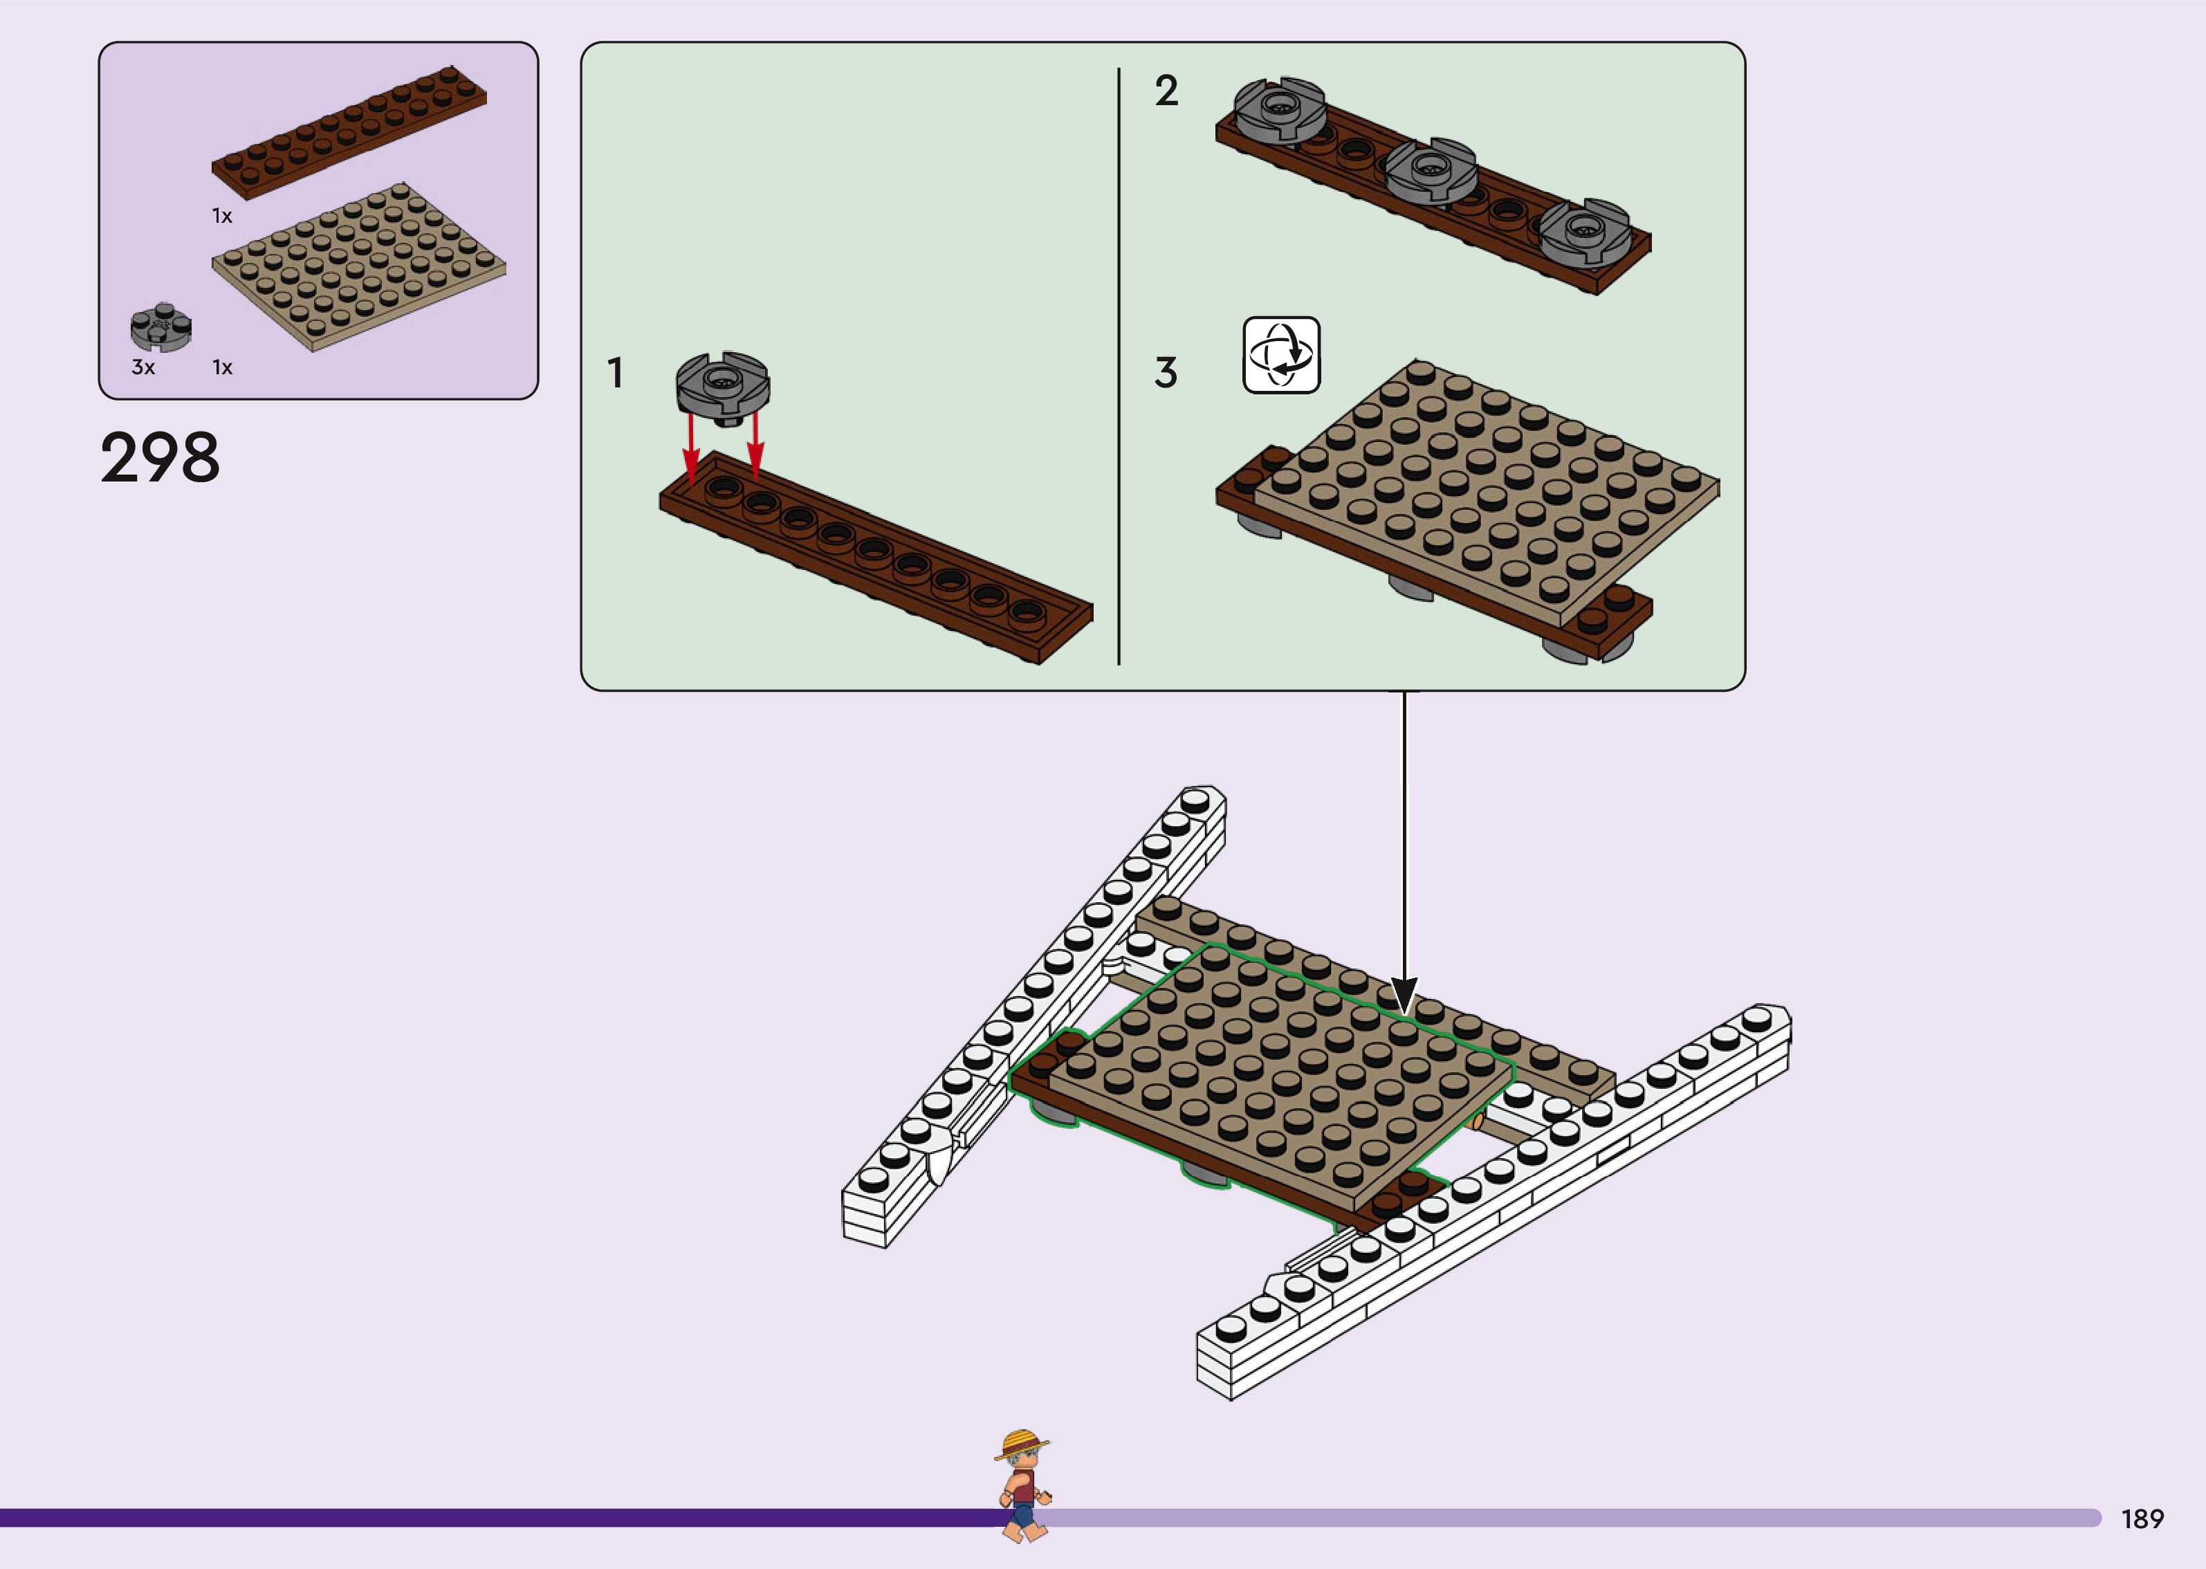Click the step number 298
click(x=160, y=458)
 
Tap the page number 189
click(x=2141, y=1518)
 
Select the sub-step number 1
click(x=615, y=373)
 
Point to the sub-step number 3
click(x=1166, y=373)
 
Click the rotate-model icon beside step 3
click(x=1280, y=355)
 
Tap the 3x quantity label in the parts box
click(x=143, y=367)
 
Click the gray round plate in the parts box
click(x=161, y=327)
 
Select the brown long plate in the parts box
click(x=349, y=132)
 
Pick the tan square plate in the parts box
click(x=358, y=265)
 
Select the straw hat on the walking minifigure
click(x=1021, y=1445)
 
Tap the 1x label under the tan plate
click(x=222, y=367)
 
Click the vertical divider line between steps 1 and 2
click(x=1119, y=367)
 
